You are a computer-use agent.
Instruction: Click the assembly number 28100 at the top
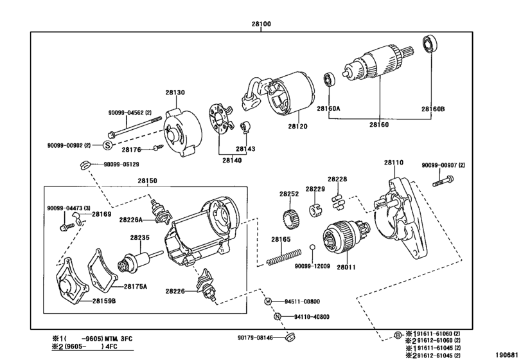pyautogui.click(x=261, y=24)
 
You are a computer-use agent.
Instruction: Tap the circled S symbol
pyautogui.click(x=107, y=145)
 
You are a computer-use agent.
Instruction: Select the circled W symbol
pyautogui.click(x=268, y=301)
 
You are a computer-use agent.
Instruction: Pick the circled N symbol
pyautogui.click(x=278, y=317)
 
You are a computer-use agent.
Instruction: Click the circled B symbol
pyautogui.click(x=398, y=336)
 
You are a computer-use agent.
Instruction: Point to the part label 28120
pyautogui.click(x=297, y=126)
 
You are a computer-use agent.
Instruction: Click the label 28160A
pyautogui.click(x=328, y=109)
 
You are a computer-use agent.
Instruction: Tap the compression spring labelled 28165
pyautogui.click(x=284, y=257)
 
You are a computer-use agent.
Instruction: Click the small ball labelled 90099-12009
pyautogui.click(x=312, y=247)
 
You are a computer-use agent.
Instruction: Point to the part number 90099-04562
pyautogui.click(x=126, y=113)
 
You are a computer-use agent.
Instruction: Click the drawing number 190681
pyautogui.click(x=507, y=354)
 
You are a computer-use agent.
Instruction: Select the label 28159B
pyautogui.click(x=104, y=301)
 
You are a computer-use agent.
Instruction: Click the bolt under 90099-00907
pyautogui.click(x=443, y=181)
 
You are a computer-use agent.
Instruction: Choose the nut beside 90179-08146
pyautogui.click(x=290, y=337)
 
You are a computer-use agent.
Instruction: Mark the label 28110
pyautogui.click(x=394, y=163)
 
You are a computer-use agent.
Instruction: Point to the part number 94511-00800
pyautogui.click(x=302, y=301)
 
